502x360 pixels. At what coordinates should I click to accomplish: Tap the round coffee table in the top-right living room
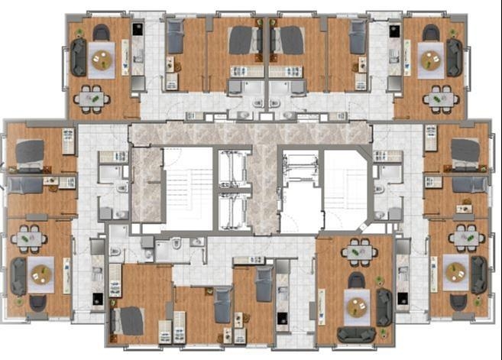coord(432,57)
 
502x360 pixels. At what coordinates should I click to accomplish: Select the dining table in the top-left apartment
coord(92,98)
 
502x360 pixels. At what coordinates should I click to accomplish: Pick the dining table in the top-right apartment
coord(441,99)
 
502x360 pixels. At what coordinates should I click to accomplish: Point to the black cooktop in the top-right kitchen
coord(394,31)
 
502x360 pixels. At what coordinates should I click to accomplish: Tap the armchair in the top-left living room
coord(101,32)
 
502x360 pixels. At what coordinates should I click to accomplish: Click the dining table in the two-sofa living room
coord(358,251)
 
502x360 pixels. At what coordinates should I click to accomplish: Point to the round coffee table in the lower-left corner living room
coord(39,271)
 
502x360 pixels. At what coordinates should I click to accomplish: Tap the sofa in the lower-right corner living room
coord(479,274)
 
